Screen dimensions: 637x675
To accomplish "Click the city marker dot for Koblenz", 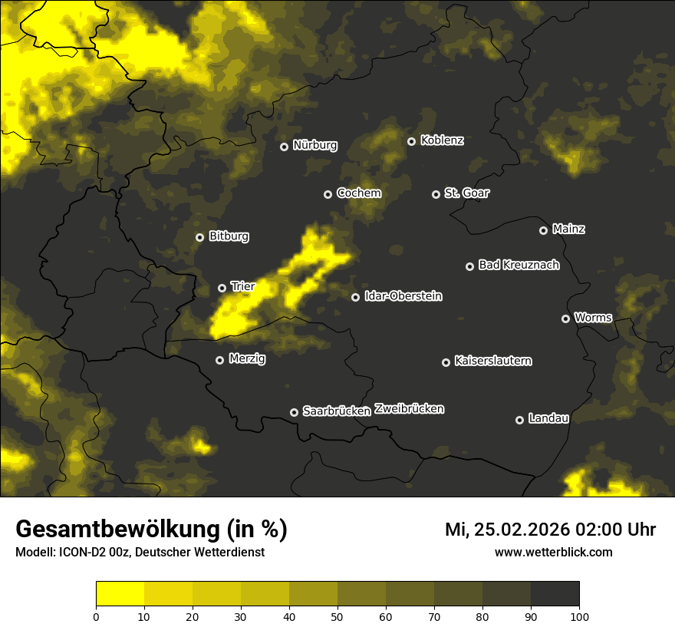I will click(411, 141).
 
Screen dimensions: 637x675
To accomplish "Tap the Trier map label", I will click(242, 286).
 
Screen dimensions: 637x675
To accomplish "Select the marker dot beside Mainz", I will click(543, 230).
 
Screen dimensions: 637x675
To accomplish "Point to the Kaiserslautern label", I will click(492, 361).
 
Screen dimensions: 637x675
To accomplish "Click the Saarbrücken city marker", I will click(294, 412).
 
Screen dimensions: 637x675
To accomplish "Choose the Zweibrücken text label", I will click(409, 409).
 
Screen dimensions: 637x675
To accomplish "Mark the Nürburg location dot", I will click(284, 147).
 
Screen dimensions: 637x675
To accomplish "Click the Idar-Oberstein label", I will click(403, 296).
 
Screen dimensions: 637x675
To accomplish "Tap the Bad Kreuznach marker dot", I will click(469, 266).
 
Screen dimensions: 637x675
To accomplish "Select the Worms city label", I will click(593, 318).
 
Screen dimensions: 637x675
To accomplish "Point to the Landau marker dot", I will click(519, 420).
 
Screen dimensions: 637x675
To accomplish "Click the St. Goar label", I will click(466, 193).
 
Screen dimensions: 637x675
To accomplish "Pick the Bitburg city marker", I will click(199, 237).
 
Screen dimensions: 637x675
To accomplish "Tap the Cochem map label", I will click(358, 193).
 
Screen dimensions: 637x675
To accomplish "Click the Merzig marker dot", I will click(219, 360).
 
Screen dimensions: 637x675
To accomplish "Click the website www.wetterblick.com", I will click(553, 552).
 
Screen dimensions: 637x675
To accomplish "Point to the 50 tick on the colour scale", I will click(337, 616).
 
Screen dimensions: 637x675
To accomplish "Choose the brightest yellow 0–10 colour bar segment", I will click(120, 593).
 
